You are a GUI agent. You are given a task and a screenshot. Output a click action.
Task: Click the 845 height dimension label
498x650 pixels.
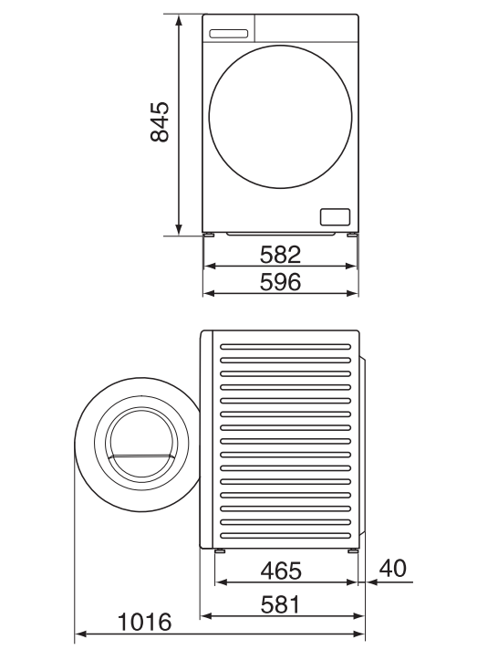(x=160, y=121)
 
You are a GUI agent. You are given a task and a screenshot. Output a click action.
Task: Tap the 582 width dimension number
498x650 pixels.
(x=280, y=255)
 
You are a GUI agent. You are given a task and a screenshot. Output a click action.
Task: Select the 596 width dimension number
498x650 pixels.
(x=280, y=282)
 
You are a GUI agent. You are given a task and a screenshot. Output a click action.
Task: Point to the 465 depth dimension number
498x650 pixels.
(x=281, y=571)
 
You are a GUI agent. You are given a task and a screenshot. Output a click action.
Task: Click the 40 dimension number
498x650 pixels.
(x=393, y=568)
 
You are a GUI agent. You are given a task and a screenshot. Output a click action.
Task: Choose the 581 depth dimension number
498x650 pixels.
(x=280, y=604)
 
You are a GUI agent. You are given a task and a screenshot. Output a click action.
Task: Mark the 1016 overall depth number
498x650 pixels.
(x=144, y=622)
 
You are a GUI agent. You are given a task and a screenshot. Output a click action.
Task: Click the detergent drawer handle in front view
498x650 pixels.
(x=229, y=34)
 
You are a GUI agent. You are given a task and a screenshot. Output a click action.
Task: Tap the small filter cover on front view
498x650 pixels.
(x=335, y=216)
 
